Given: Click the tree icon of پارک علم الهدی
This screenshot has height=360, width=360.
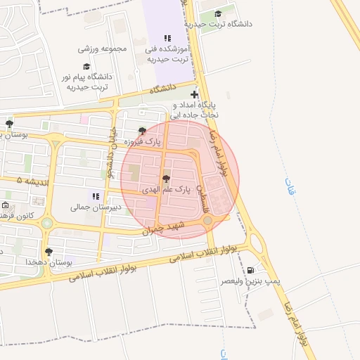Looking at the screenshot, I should [x=166, y=179].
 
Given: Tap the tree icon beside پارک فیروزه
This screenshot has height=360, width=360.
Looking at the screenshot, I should [x=143, y=131].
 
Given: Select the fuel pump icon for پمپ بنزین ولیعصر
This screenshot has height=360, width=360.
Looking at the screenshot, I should [x=250, y=270].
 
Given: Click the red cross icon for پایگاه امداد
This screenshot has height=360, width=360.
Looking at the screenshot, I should [x=194, y=95].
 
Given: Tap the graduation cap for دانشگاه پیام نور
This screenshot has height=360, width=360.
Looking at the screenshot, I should [x=86, y=66].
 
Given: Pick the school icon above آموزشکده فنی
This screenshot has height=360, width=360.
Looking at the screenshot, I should [x=167, y=38].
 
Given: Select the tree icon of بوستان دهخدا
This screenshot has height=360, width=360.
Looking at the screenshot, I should [x=49, y=251].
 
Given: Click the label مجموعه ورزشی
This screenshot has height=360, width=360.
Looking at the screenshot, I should [x=102, y=49].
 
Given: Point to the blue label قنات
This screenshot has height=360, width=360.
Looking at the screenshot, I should [x=290, y=186].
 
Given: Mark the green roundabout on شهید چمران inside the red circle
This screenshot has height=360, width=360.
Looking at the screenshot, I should [x=208, y=221].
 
